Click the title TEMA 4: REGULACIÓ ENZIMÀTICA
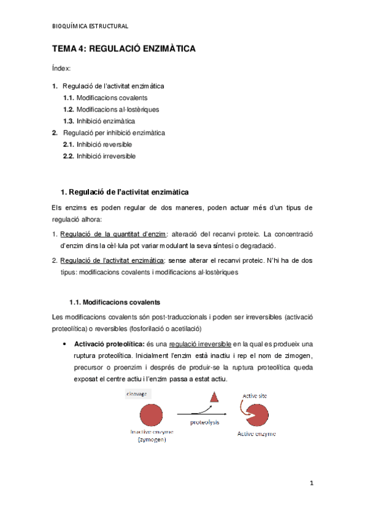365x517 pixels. [124, 49]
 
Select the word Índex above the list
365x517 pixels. [61, 68]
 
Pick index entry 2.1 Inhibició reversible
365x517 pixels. [97, 144]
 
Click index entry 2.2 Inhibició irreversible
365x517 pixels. [99, 156]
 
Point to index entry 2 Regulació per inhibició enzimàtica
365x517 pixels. [113, 132]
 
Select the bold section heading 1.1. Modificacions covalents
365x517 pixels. [115, 301]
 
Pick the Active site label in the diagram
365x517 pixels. [255, 396]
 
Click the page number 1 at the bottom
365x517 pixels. [311, 483]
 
